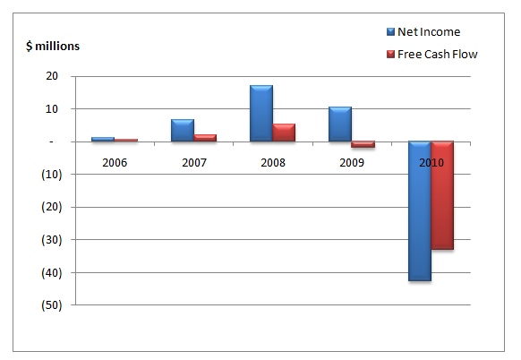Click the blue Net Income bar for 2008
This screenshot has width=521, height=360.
point(261,114)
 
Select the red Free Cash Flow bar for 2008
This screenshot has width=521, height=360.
point(284,133)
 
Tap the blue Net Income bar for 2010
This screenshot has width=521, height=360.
point(420,211)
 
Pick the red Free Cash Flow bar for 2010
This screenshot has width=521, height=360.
point(442,195)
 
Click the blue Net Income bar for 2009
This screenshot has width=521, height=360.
point(340,124)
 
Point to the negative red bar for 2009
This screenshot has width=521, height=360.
point(363,144)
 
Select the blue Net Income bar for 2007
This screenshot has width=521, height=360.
point(183,131)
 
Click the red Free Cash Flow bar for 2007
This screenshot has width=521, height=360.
point(205,138)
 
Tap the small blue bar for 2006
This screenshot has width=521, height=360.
point(103,140)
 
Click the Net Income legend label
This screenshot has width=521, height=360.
point(429,32)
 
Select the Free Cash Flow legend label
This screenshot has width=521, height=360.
point(437,55)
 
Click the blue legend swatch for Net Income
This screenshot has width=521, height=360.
point(390,31)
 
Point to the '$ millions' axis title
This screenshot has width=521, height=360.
point(53,46)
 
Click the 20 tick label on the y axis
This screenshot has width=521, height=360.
point(52,76)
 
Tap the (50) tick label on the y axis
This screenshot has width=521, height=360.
point(52,305)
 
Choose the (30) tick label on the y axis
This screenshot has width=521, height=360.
point(52,240)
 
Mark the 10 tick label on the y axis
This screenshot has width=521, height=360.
point(52,108)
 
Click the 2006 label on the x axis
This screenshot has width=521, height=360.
point(115,163)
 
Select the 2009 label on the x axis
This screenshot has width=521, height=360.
point(352,163)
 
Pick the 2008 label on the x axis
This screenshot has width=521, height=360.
point(273,163)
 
